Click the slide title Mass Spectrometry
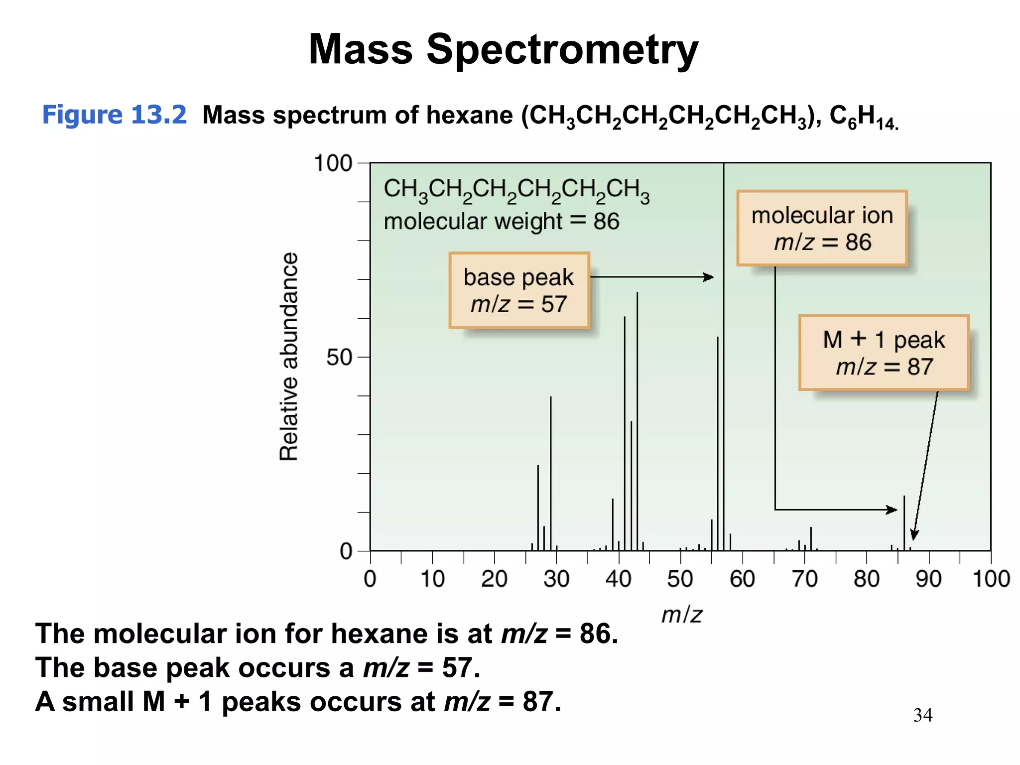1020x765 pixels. click(503, 50)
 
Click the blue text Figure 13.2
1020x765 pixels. click(114, 115)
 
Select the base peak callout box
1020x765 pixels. click(519, 290)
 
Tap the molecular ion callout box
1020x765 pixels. click(822, 228)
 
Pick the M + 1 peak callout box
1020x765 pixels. click(884, 353)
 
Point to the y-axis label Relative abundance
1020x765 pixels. click(288, 357)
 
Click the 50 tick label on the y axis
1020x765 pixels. click(339, 358)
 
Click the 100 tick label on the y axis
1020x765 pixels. click(333, 163)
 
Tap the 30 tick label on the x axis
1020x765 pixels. click(556, 579)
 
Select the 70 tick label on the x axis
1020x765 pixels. click(804, 579)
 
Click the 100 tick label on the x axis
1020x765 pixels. click(991, 579)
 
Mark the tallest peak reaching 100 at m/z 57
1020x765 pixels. click(724, 349)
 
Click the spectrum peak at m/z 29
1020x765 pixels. click(550, 473)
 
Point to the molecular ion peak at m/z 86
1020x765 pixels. click(904, 523)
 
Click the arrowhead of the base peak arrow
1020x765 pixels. click(709, 277)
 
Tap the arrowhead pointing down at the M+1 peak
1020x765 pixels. click(914, 535)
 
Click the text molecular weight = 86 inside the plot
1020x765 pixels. click(501, 222)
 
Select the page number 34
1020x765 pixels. click(922, 715)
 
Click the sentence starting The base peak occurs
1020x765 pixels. click(257, 668)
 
